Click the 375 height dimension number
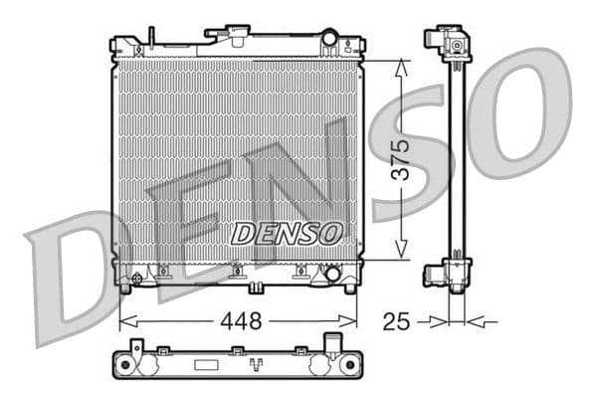click(x=400, y=159)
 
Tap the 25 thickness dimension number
click(x=395, y=320)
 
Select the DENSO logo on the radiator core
click(x=287, y=233)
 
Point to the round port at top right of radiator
click(x=329, y=38)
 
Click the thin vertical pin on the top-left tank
click(x=152, y=37)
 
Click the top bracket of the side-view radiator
click(x=451, y=45)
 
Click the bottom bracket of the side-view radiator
click(x=450, y=274)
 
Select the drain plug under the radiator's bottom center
click(x=256, y=288)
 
